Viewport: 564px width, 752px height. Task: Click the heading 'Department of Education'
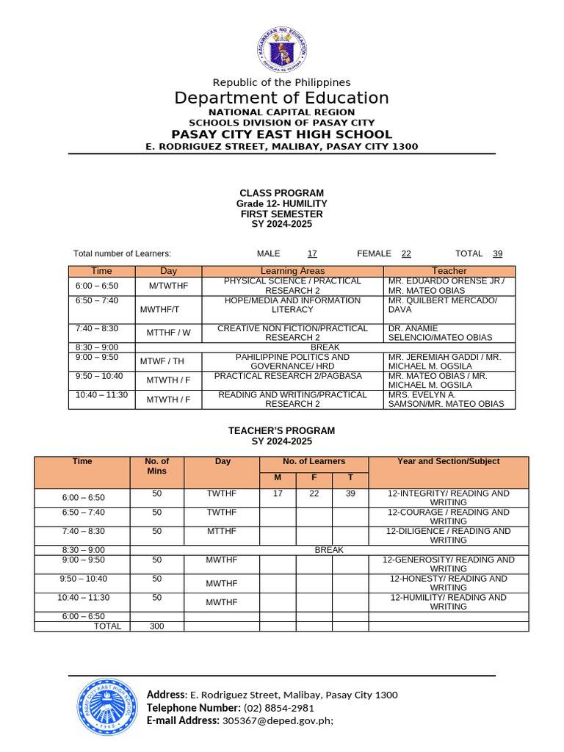tap(282, 98)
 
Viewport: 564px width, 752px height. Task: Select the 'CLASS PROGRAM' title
tap(282, 193)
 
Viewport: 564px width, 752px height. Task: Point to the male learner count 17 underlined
tap(312, 253)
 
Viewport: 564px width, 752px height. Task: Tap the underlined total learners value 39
tap(498, 253)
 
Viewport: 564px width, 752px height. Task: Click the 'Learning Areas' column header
tap(292, 271)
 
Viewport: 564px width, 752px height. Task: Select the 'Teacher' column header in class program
tap(449, 271)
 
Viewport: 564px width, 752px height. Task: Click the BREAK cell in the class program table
tap(325, 347)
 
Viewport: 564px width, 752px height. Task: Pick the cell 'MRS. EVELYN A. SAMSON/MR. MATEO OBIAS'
tap(446, 399)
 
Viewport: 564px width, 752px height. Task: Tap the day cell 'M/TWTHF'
tap(168, 286)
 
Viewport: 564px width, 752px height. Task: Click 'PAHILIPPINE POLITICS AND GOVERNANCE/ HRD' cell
tap(292, 361)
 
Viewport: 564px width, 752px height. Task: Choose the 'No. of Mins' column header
tap(157, 466)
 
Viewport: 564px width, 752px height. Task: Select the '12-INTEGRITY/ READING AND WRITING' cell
tap(448, 498)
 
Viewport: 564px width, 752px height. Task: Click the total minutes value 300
tap(157, 626)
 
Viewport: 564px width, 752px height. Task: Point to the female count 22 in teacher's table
tap(314, 493)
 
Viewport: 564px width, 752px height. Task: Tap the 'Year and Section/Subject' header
tap(448, 461)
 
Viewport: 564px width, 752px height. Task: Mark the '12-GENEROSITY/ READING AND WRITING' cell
tap(448, 564)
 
